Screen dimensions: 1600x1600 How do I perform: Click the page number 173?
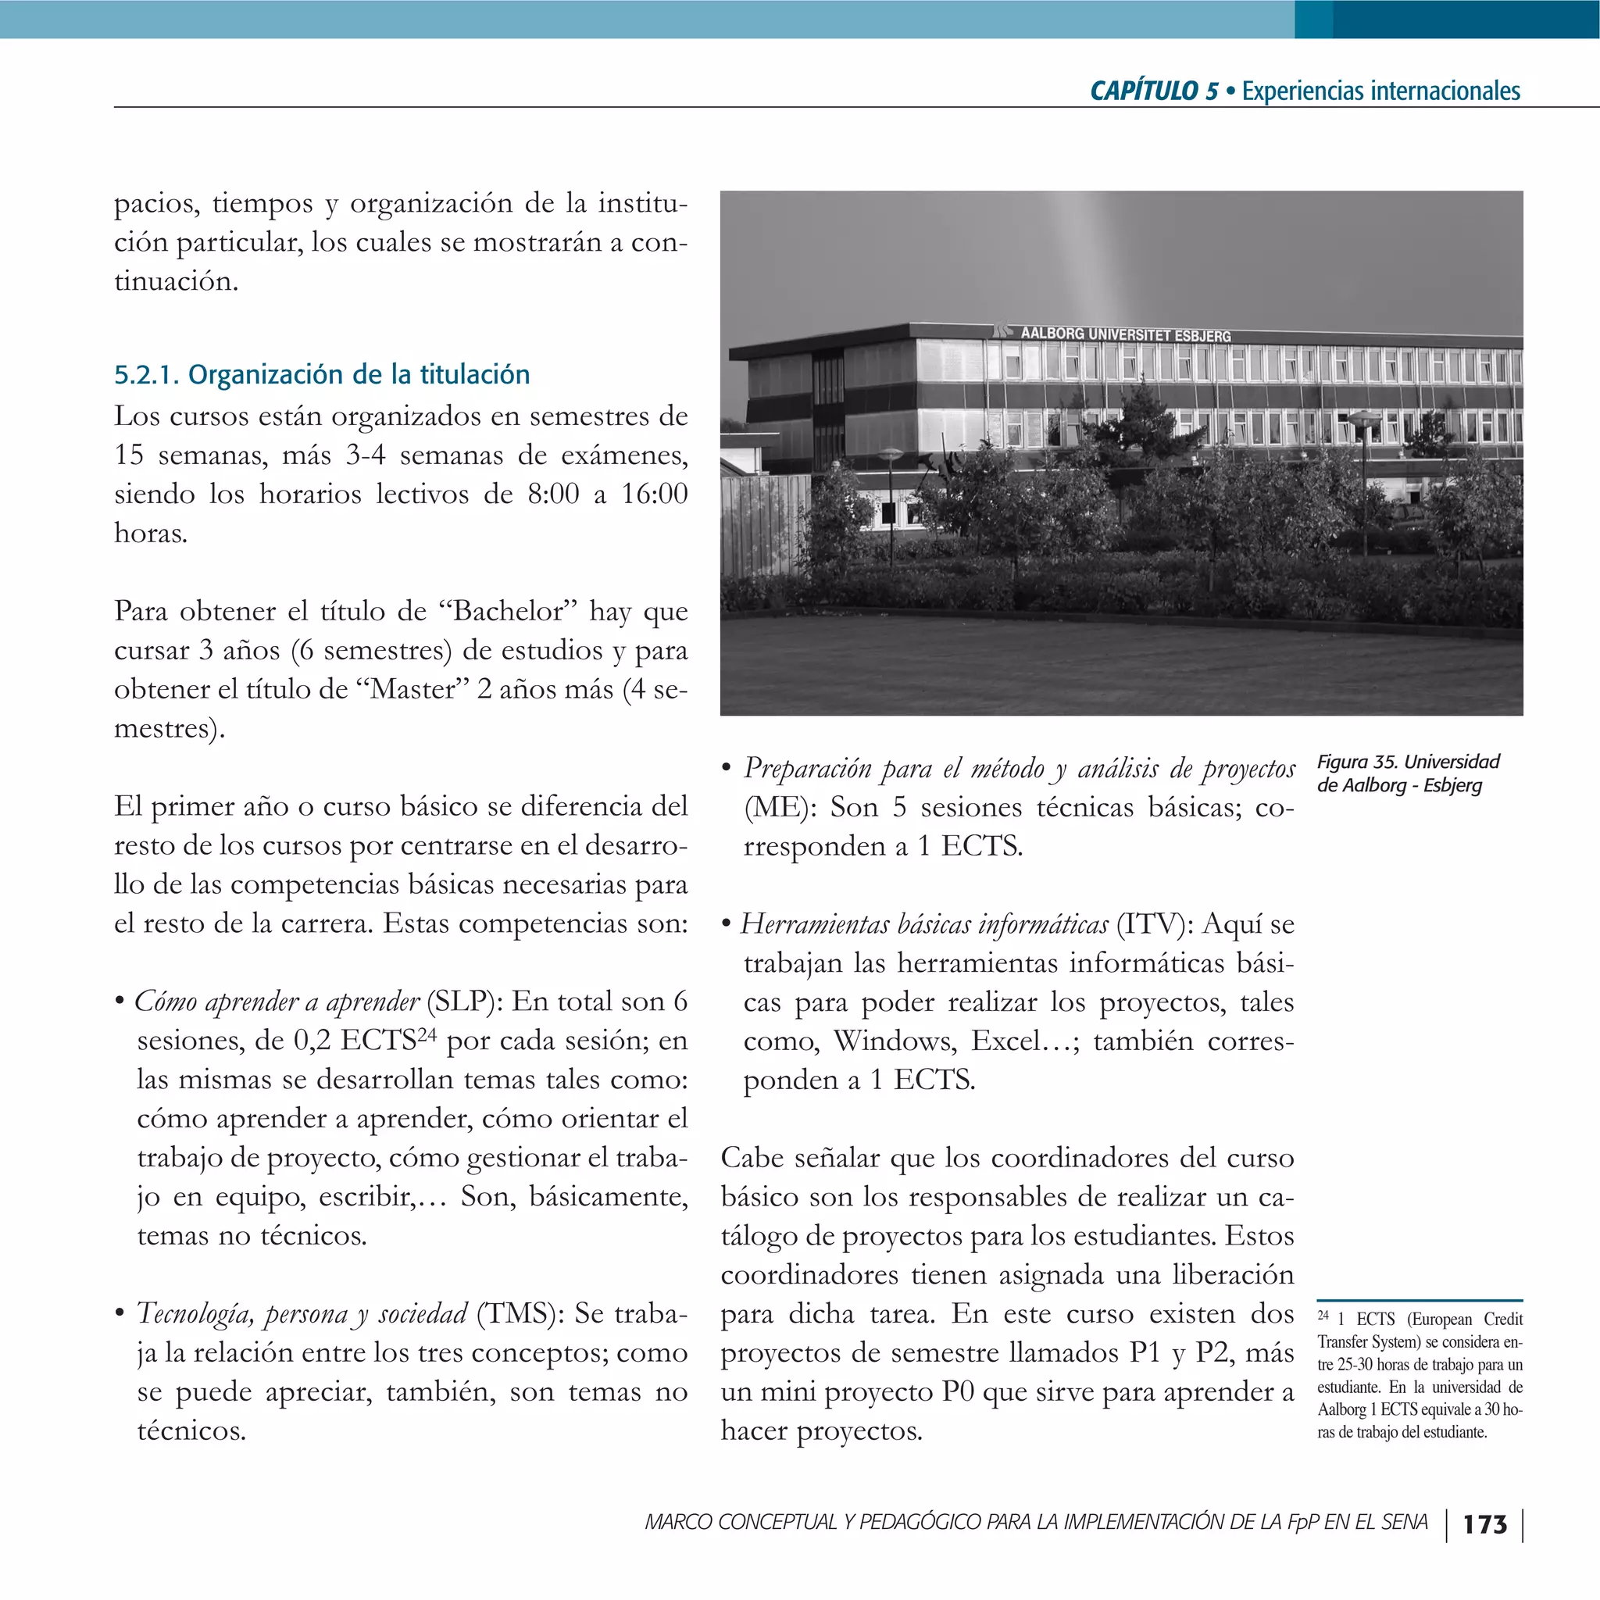1485,1525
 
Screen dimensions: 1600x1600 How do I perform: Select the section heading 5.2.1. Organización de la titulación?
321,375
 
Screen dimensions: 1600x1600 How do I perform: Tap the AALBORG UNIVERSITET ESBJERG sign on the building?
1125,334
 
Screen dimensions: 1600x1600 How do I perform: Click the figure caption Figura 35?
1407,773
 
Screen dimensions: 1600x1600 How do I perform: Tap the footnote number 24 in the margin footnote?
1323,1316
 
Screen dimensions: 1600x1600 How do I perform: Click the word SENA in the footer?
1404,1522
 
